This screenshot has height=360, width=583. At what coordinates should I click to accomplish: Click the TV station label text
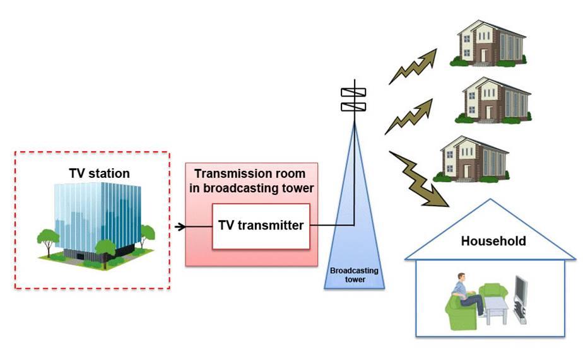99,173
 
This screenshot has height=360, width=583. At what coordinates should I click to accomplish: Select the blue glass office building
98,218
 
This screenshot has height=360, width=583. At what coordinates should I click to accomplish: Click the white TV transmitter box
261,225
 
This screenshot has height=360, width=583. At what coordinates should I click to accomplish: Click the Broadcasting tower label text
354,275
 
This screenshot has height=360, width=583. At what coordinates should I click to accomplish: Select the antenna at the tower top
353,98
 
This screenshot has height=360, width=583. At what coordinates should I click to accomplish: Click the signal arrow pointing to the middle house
409,117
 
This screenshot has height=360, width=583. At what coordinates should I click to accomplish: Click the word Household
493,241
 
